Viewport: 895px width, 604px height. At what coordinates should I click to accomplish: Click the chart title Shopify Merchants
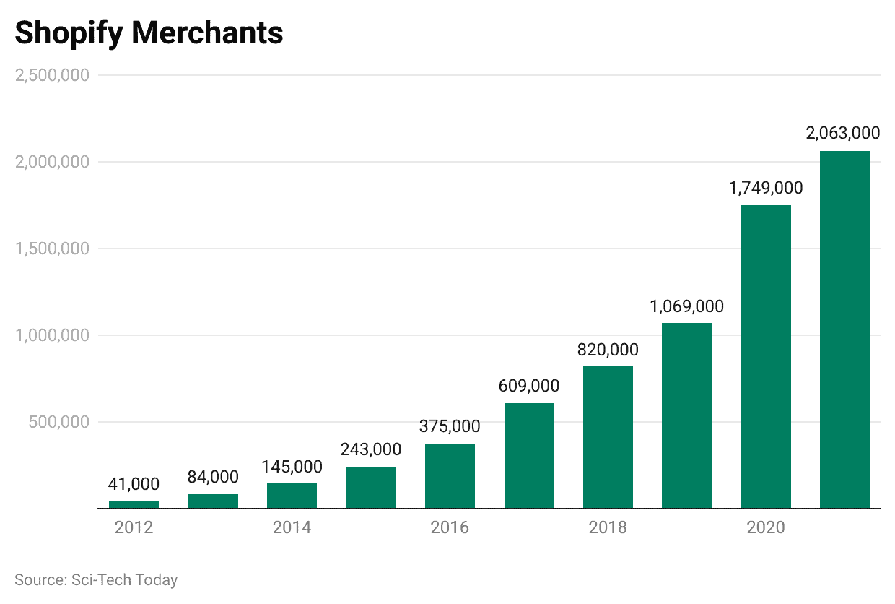(149, 33)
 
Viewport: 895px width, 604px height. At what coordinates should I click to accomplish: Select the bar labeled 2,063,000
(844, 329)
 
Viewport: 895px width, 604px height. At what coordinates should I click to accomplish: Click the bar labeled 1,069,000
(686, 415)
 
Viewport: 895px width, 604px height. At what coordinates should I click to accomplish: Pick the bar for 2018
(608, 437)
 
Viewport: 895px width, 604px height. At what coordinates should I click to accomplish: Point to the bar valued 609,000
(529, 455)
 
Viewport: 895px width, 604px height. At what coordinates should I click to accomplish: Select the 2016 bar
(450, 475)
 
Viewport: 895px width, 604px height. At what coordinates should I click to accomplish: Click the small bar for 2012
(134, 504)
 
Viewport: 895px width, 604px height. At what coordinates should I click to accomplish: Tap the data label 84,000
(213, 477)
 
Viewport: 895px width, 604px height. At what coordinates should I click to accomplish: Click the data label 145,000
(292, 467)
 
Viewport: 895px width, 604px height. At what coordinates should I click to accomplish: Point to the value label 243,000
(370, 449)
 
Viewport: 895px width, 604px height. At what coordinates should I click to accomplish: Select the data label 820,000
(608, 350)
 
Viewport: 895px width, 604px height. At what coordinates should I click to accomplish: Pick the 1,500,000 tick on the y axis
(52, 249)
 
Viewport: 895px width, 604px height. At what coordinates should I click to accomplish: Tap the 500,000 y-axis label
(59, 422)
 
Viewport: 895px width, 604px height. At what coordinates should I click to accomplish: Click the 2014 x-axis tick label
(292, 527)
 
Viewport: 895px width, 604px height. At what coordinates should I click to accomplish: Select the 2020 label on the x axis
(766, 527)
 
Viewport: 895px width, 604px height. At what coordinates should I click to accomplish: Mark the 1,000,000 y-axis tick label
(52, 335)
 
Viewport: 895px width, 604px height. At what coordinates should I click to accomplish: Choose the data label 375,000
(450, 426)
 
